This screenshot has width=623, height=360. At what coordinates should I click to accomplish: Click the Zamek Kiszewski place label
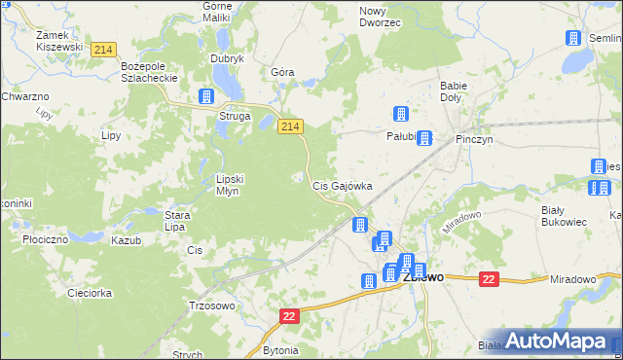tap(58, 40)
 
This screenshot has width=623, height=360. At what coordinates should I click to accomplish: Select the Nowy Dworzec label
tap(380, 17)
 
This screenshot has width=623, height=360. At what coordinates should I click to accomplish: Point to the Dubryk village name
tap(227, 58)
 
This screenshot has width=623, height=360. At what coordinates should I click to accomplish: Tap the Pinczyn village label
tap(475, 139)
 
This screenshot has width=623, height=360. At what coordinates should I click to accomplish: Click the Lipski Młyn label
tap(235, 185)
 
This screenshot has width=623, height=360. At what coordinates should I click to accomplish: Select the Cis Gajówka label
tap(342, 185)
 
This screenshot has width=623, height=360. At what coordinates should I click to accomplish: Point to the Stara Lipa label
tap(175, 221)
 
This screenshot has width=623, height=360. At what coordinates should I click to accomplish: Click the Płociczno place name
tap(45, 238)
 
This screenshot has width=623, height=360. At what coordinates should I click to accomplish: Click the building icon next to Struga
tap(206, 96)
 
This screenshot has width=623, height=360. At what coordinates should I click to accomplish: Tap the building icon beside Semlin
tap(572, 38)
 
